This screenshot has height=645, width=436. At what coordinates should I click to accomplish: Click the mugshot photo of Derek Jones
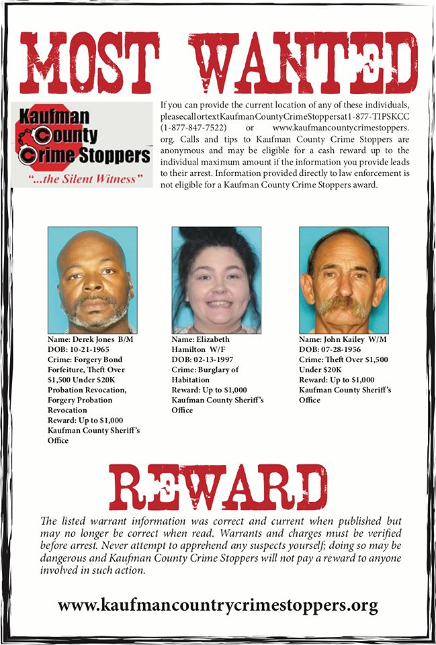tap(92, 279)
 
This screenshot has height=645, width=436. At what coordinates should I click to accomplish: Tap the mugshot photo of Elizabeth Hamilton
tap(216, 279)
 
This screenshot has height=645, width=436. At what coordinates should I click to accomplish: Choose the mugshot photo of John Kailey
tap(343, 279)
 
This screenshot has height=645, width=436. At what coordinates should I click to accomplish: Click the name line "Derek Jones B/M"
tap(91, 341)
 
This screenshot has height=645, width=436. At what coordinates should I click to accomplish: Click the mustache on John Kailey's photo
tap(343, 305)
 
